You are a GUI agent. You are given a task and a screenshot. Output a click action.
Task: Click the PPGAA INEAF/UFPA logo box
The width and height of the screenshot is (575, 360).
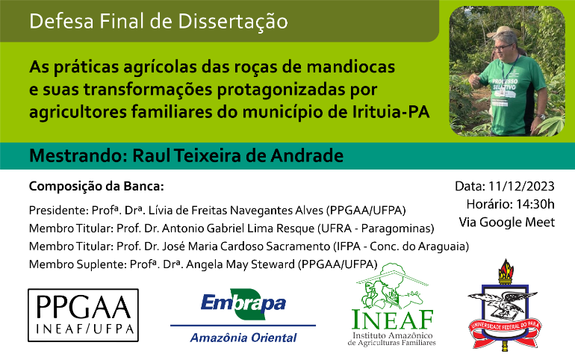83,315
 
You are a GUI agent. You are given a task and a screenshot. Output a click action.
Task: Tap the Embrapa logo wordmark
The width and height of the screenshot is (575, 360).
243,304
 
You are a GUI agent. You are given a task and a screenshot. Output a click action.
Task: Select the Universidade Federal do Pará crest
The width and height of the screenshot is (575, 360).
506,304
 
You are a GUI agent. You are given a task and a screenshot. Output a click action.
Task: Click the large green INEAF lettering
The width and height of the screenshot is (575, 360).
392,320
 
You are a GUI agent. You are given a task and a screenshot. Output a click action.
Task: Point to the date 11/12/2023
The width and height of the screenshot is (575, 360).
521,186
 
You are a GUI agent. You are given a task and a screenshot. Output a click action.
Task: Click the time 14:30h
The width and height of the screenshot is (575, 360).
535,204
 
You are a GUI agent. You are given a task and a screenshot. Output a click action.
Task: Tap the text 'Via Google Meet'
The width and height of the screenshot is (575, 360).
507,222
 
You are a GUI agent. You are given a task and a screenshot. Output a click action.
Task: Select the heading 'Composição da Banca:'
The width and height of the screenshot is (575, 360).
96,187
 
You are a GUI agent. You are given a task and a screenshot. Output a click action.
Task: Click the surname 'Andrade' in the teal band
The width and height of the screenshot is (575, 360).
308,156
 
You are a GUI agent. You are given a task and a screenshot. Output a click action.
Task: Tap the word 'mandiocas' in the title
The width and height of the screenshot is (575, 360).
350,67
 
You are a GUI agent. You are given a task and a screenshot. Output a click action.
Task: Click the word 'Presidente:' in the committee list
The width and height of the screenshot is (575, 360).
58,211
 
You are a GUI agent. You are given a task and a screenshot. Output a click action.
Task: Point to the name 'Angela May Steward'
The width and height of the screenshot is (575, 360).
240,264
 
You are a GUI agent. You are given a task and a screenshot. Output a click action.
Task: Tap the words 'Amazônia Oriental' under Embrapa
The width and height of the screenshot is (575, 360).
243,338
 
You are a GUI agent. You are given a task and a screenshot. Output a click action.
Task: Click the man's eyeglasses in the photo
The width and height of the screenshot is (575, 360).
503,47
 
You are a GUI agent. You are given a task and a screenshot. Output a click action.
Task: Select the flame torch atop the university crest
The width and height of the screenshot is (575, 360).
506,270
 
